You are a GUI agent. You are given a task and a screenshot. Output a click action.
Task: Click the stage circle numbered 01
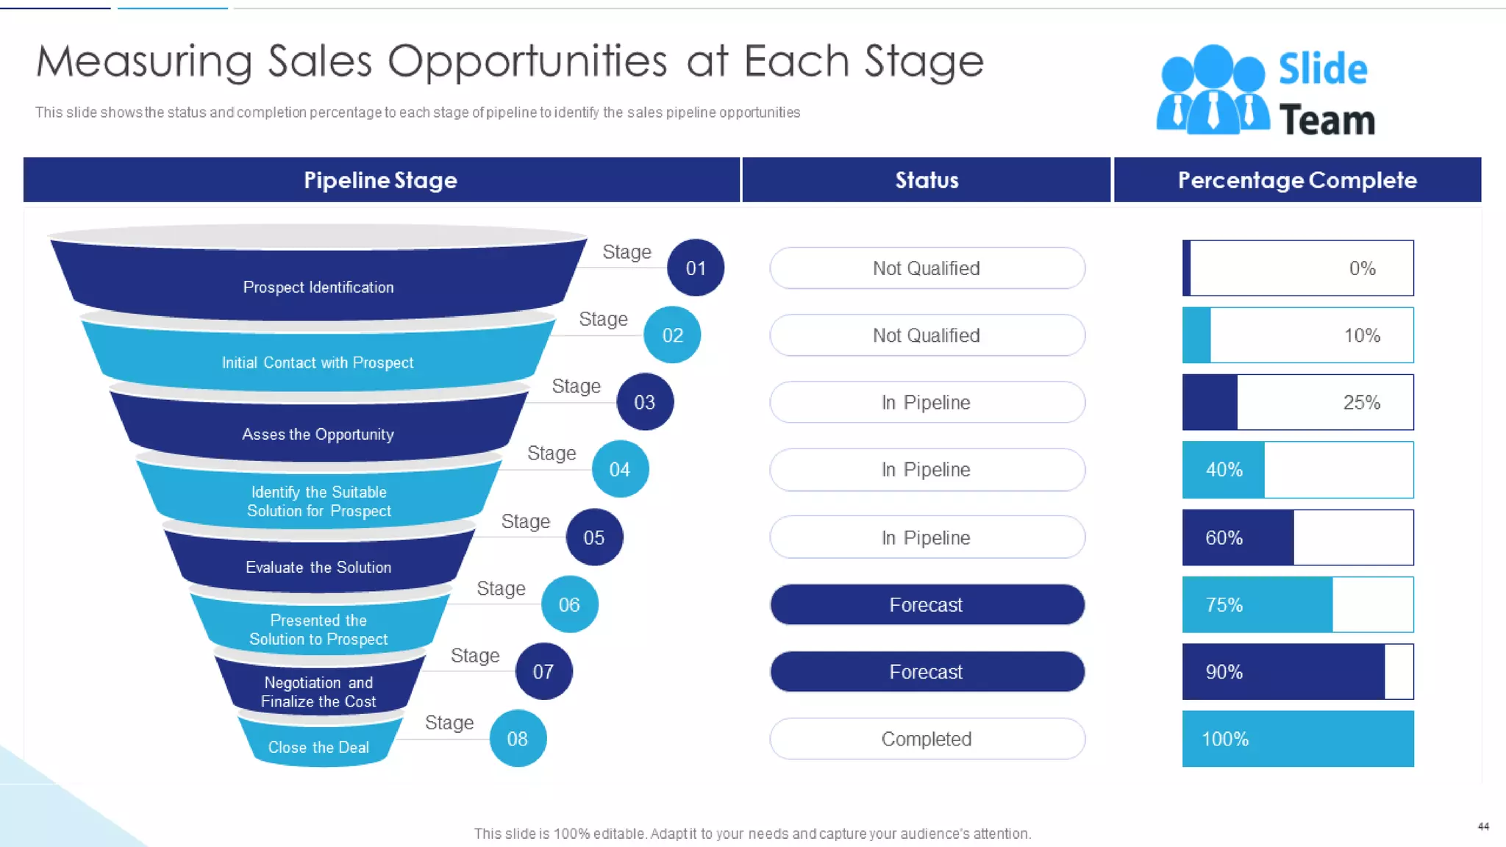tap(696, 268)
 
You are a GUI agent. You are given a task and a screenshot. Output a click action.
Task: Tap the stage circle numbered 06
tap(569, 604)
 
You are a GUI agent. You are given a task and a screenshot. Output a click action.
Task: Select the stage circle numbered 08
tap(518, 738)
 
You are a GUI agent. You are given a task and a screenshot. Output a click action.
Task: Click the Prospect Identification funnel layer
tap(318, 287)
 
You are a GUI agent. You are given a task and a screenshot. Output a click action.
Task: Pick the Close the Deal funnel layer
tap(318, 747)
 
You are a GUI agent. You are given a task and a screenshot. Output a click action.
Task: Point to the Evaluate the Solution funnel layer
tap(318, 567)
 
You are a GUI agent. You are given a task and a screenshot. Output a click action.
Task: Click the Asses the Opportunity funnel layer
tap(318, 434)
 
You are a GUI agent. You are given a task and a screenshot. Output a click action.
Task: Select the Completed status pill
tap(927, 738)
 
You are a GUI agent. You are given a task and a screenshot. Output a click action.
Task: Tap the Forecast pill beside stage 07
tap(927, 671)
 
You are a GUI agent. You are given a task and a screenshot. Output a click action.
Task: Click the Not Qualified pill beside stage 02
tap(927, 335)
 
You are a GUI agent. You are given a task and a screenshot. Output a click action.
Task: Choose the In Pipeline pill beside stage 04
tap(927, 469)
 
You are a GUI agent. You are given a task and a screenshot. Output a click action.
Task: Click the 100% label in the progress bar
tap(1225, 738)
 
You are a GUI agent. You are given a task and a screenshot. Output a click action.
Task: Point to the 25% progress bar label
tap(1362, 402)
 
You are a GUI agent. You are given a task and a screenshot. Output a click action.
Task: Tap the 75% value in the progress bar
tap(1224, 604)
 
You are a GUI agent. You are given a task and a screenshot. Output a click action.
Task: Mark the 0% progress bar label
tap(1362, 268)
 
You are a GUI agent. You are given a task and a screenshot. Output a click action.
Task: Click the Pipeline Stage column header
tap(381, 179)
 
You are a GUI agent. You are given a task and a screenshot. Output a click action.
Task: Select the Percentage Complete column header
tap(1297, 179)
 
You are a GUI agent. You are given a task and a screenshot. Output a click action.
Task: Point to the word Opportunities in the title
tap(527, 62)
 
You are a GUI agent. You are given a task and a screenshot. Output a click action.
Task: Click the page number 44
tap(1483, 826)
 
